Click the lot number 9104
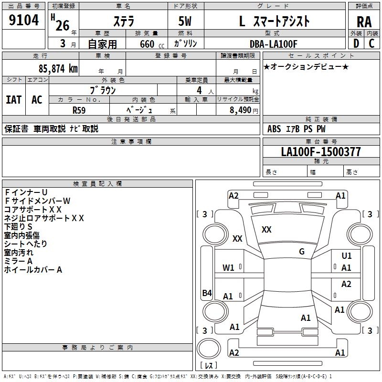[24, 21]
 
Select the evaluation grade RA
[364, 22]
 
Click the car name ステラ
[123, 21]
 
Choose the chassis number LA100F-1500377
[321, 152]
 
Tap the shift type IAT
[13, 100]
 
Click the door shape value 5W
[186, 21]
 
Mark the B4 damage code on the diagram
[207, 293]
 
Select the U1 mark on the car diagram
[346, 256]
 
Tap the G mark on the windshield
[302, 252]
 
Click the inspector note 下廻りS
[18, 226]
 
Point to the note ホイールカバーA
[33, 270]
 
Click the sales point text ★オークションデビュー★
[306, 67]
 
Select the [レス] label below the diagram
[209, 366]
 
